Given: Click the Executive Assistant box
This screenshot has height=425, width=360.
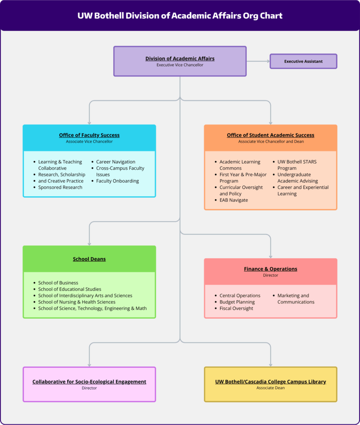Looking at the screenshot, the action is tap(303, 61).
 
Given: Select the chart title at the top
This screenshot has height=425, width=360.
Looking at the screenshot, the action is tap(180, 15).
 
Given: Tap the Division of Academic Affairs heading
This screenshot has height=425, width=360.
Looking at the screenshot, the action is tap(180, 58).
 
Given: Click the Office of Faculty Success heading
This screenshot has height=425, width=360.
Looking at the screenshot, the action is tap(89, 135).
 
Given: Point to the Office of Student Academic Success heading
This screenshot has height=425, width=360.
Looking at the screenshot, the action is tap(270, 135).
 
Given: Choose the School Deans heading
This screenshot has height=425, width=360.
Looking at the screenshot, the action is tap(89, 259).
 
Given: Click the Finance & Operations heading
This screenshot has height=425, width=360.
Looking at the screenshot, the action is tap(270, 269).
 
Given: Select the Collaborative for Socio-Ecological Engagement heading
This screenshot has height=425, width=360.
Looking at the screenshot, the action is tap(89, 382).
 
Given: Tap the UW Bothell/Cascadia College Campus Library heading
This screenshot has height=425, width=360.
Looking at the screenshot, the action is tap(270, 382).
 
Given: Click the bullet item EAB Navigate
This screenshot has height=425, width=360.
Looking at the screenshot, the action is tap(234, 200).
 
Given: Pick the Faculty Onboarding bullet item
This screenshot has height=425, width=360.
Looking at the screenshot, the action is tap(117, 181).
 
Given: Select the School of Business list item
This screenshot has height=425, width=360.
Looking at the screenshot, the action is tap(58, 283).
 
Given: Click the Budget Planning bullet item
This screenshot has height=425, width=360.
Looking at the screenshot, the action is tap(237, 302).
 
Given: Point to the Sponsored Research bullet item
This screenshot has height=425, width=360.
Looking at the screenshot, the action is tap(60, 187).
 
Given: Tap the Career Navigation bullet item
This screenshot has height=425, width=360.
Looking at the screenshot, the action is tap(116, 162).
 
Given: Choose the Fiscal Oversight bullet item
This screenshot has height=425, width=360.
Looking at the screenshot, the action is tap(236, 308).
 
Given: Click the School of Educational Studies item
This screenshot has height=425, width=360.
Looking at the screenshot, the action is tap(70, 289).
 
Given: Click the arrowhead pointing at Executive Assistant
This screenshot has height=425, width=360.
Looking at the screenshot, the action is tap(268, 61).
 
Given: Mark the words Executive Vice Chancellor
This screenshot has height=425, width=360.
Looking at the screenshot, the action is tap(180, 65).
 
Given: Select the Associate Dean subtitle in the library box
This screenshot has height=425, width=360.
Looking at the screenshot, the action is tap(270, 388).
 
